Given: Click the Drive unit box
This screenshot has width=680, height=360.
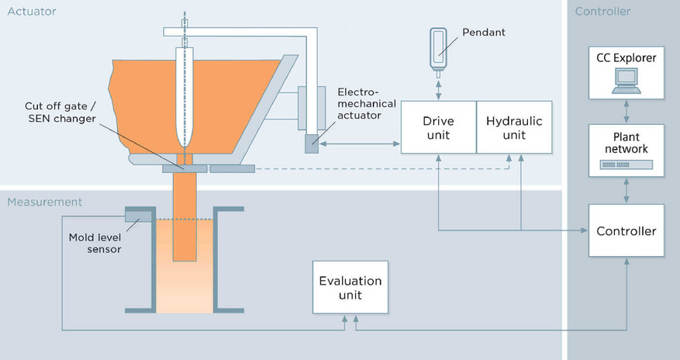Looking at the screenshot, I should pyautogui.click(x=438, y=127).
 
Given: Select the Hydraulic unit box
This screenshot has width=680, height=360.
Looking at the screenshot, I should pyautogui.click(x=514, y=127).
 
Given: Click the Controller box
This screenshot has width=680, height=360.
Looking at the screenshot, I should pyautogui.click(x=626, y=231).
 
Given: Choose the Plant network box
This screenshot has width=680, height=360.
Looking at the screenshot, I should pyautogui.click(x=626, y=148).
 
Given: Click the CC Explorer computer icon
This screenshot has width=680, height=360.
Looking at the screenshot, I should pyautogui.click(x=626, y=80).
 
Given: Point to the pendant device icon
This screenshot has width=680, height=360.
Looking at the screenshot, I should pyautogui.click(x=438, y=47).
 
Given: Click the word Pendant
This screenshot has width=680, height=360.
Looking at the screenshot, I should pyautogui.click(x=483, y=33).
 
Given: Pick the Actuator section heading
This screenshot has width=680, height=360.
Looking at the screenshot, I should pyautogui.click(x=32, y=11).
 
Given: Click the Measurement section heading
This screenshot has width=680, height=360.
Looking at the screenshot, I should pyautogui.click(x=44, y=202).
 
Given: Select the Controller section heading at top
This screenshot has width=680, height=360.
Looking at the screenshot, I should pyautogui.click(x=602, y=11).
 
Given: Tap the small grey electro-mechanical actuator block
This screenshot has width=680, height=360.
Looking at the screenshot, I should pyautogui.click(x=312, y=144).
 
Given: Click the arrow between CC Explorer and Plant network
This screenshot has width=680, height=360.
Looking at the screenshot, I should pyautogui.click(x=626, y=110).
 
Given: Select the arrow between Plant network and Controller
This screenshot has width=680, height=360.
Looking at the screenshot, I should pyautogui.click(x=626, y=190).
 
